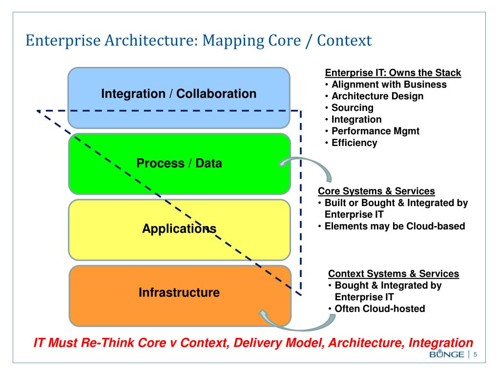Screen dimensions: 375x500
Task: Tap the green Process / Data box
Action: point(179,164)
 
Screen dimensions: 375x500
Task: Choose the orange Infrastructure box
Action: point(179,293)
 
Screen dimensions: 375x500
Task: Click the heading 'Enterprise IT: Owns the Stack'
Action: point(393,73)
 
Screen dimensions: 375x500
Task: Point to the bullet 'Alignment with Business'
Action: point(396,84)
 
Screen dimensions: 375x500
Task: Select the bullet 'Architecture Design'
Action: point(377,96)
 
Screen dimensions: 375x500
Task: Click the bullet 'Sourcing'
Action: point(352,108)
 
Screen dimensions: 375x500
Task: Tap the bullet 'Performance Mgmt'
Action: point(375,131)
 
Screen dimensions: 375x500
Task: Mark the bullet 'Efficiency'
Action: point(354,143)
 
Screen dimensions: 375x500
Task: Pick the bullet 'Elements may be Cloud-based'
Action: point(395,226)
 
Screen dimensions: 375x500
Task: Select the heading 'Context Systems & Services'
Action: point(394,273)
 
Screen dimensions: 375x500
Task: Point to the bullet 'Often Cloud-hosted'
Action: point(379,309)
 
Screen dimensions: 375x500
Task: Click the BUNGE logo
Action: point(446,354)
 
